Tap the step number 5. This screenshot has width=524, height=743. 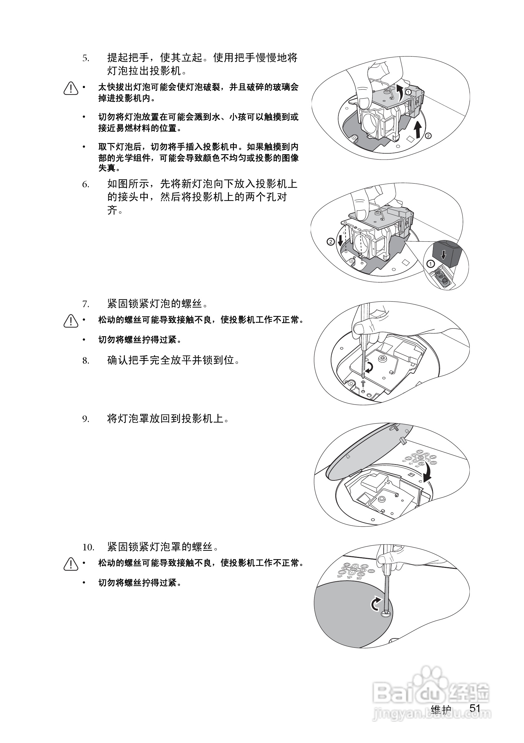coord(85,59)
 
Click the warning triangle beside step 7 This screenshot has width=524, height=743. coord(71,321)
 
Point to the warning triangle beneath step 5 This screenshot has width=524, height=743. coord(71,88)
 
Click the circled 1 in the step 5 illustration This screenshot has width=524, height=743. coord(408,92)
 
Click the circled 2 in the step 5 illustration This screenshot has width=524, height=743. coord(428,135)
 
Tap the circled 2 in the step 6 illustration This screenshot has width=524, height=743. coord(330,242)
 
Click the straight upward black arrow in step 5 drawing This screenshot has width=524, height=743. coord(418,130)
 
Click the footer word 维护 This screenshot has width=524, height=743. coord(441,710)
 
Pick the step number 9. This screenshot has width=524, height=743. coord(85,419)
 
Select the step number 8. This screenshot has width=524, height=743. coord(85,361)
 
